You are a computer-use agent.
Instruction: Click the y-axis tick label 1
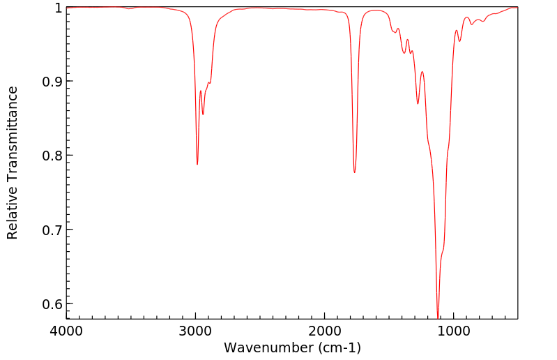click(57, 8)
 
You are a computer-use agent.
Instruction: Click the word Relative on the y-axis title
click(13, 212)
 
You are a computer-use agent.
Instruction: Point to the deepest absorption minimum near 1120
click(438, 317)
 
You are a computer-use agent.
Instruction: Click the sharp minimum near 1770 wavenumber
click(355, 172)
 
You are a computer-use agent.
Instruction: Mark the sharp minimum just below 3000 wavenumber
click(197, 164)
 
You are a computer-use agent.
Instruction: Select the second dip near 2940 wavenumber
click(203, 114)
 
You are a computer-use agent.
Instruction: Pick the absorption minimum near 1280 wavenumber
click(418, 103)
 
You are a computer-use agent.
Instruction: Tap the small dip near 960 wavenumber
click(459, 41)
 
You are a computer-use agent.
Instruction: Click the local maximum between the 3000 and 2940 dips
click(201, 91)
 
